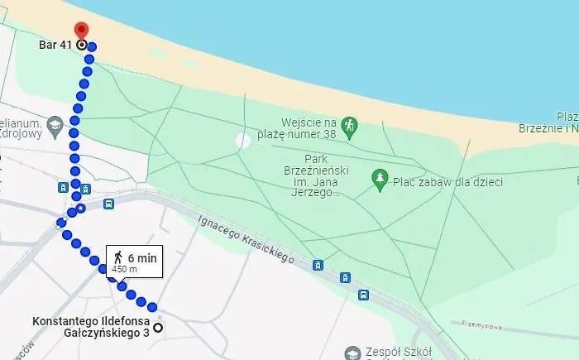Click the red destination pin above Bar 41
point(81,31)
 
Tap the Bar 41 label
point(55,45)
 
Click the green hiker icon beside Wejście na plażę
point(350,124)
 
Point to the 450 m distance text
point(124,270)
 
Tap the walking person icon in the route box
point(118,257)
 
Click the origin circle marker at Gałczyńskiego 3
point(158,328)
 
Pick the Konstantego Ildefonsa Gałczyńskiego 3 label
point(90,327)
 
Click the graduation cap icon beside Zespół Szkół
point(353,353)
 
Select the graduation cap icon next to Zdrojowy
point(55,125)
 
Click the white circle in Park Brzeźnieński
point(242,141)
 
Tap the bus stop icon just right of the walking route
point(108,204)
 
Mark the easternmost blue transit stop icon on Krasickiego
point(363,294)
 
